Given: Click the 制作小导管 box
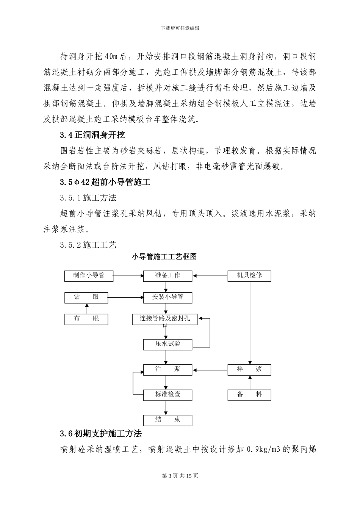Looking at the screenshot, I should click(89, 276).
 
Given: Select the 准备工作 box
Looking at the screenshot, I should click(167, 276).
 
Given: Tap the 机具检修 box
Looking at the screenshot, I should click(249, 276).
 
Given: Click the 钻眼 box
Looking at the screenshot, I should click(86, 298).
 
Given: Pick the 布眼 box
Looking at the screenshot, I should click(86, 319).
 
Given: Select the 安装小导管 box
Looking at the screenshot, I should click(167, 298).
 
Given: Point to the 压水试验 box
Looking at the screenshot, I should click(167, 344).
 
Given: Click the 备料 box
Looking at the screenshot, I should click(249, 395).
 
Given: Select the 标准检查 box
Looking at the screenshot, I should click(167, 395).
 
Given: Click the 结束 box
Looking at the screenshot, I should click(167, 420).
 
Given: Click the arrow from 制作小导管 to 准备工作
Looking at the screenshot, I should click(128, 276).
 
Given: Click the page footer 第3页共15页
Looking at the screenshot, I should click(180, 476).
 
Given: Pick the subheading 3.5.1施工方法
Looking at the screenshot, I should click(88, 198).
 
